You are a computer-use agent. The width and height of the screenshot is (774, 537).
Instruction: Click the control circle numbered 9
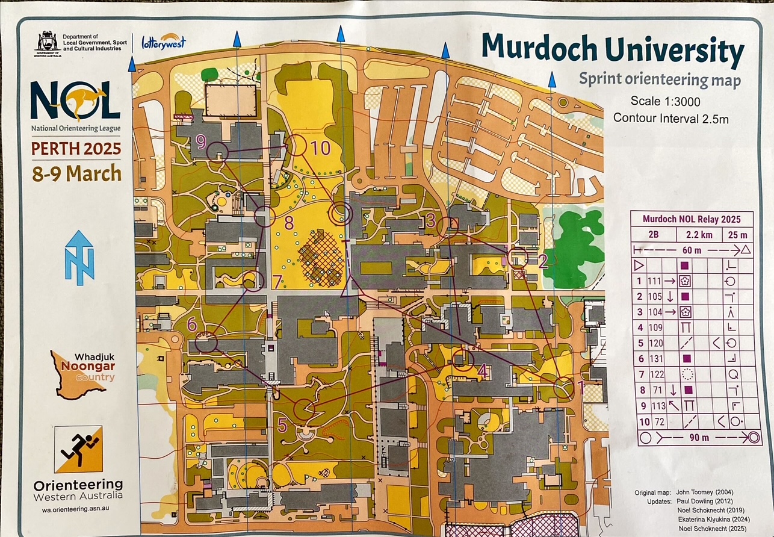pos(217,152)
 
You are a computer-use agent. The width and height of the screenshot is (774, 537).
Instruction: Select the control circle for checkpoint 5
pos(305,409)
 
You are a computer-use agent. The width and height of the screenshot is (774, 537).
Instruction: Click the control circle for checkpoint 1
pos(564,387)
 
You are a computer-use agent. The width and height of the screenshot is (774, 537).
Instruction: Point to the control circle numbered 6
pos(206,343)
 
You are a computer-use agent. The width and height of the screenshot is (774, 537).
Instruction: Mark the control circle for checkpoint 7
pos(253,281)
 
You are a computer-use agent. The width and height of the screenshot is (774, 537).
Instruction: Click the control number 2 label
pos(542,261)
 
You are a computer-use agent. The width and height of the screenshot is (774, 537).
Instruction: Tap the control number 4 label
pos(482,371)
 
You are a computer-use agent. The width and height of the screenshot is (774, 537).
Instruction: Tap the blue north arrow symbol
pos(79,257)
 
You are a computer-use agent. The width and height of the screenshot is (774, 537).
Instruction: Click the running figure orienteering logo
pos(78,449)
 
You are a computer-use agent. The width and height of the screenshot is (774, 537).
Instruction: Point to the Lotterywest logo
pos(163,42)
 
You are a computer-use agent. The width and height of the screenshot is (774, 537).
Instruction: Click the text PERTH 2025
pos(76,148)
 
